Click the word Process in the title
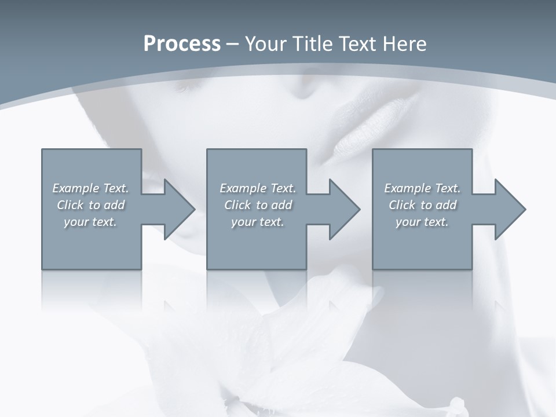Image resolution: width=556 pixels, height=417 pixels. (182, 44)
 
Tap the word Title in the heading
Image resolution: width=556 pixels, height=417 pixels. (310, 44)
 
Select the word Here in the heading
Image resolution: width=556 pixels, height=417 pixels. (404, 44)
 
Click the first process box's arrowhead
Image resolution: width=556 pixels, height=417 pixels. (177, 209)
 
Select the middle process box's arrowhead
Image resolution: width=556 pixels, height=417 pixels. (342, 209)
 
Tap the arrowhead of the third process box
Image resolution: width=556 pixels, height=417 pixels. (508, 209)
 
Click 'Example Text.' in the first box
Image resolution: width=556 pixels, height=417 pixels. (90, 188)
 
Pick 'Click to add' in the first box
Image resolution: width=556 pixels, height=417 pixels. (90, 205)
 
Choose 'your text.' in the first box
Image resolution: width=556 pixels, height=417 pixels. (90, 222)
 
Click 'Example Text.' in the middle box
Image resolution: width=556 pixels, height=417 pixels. (258, 188)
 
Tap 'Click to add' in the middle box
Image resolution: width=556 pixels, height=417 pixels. (258, 205)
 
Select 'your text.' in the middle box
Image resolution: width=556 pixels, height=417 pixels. (258, 222)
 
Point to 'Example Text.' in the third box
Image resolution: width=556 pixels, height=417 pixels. (422, 188)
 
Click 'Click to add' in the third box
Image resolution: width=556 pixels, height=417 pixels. (422, 205)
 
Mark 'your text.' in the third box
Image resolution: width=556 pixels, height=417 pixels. (422, 222)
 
